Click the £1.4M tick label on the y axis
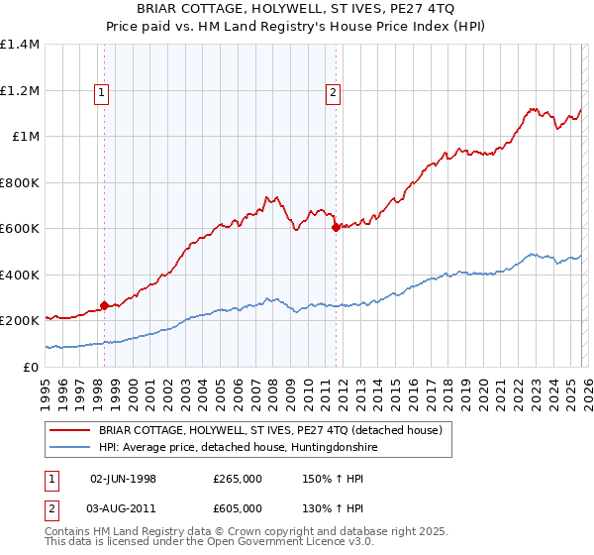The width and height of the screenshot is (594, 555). (x=20, y=45)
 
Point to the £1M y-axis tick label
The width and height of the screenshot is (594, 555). (x=26, y=137)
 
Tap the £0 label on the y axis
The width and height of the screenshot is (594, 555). (x=32, y=368)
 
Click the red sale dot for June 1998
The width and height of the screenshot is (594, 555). (x=104, y=305)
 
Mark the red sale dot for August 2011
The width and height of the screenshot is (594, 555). (x=336, y=227)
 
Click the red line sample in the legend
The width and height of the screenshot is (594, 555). (x=71, y=430)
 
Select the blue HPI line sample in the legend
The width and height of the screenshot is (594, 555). (x=71, y=448)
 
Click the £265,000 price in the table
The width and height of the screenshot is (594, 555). (x=237, y=479)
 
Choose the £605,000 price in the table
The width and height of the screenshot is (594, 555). (x=237, y=508)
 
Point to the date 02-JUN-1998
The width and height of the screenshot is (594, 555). (x=123, y=479)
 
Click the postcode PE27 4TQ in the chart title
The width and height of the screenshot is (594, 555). (x=414, y=9)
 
